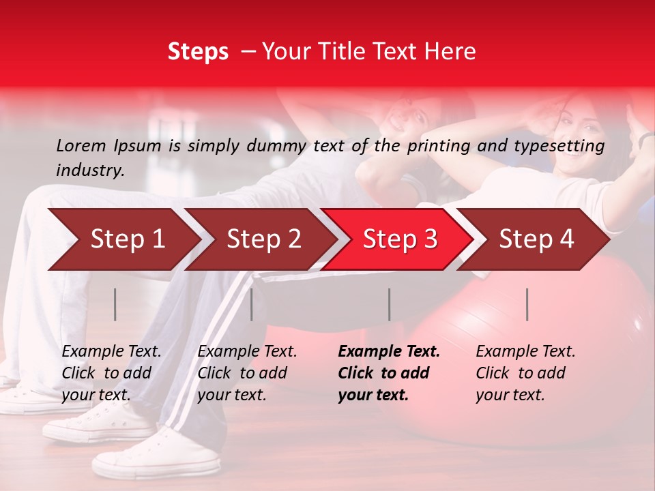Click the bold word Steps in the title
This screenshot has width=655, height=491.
click(198, 52)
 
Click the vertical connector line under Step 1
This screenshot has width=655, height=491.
click(115, 304)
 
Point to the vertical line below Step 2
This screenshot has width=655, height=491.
click(252, 304)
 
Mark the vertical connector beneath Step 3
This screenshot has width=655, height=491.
click(389, 304)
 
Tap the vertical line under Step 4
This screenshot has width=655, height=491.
click(527, 304)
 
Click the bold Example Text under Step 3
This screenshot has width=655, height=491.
click(389, 352)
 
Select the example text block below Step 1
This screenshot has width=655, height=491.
click(111, 373)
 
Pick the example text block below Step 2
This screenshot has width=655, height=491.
click(247, 373)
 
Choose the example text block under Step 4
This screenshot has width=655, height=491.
click(525, 373)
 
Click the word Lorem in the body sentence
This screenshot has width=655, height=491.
click(81, 145)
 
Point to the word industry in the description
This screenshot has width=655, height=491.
click(90, 170)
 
